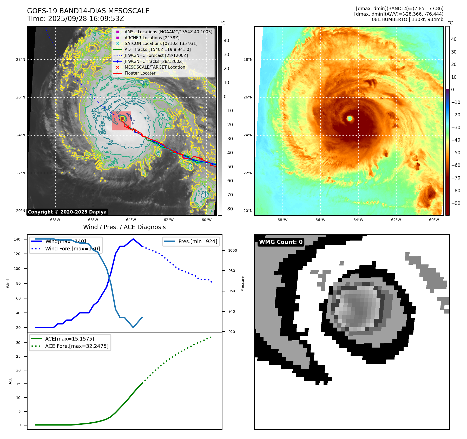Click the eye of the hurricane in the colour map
[350, 118]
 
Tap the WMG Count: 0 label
[281, 242]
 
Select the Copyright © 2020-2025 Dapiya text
[67, 212]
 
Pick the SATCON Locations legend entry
[161, 44]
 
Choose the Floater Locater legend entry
[140, 73]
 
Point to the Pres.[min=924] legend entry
[198, 241]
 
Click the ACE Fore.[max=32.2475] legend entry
[77, 346]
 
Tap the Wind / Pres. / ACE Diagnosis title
[124, 227]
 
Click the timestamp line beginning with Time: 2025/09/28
[75, 19]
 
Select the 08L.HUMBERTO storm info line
[407, 19]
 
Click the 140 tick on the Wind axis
[17, 239]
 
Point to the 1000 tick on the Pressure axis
[232, 250]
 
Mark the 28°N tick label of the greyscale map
[21, 59]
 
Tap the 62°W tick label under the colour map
[396, 220]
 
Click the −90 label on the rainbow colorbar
[456, 203]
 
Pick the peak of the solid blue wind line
[133, 239]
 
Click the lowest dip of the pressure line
[133, 327]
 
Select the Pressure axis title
[242, 284]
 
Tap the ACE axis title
[10, 381]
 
